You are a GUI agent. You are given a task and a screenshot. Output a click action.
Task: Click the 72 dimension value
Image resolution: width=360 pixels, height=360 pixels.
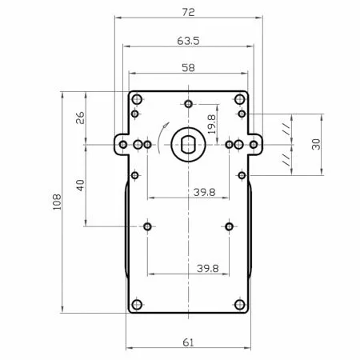188,12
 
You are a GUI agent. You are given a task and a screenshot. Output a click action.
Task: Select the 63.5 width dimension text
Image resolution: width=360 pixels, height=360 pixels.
188,41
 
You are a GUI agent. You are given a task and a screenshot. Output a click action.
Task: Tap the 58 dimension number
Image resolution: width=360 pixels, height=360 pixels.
188,67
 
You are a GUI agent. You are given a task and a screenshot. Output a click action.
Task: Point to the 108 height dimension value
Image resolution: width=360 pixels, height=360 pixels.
57,202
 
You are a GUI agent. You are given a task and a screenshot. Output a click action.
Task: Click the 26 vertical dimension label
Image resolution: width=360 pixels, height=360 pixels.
80,118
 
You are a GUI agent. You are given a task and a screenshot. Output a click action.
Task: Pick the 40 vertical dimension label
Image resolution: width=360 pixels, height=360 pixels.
80,185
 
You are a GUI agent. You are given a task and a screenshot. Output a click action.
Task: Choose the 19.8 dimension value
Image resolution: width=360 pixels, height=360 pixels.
211,124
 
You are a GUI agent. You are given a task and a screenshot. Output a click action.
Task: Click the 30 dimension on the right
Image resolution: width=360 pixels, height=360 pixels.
316,144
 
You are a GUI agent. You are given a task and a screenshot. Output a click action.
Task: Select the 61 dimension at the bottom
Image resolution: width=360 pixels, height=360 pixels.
188,342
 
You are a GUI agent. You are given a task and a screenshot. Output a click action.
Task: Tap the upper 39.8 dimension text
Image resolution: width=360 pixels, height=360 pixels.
205,192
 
